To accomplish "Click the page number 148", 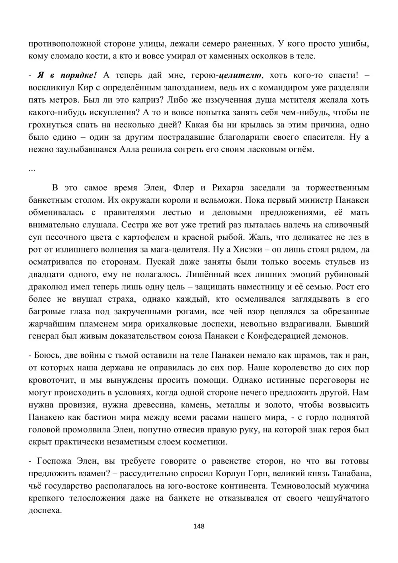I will [199, 526].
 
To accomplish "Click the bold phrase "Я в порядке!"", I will [67, 75].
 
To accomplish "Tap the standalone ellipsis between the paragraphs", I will [32, 169].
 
